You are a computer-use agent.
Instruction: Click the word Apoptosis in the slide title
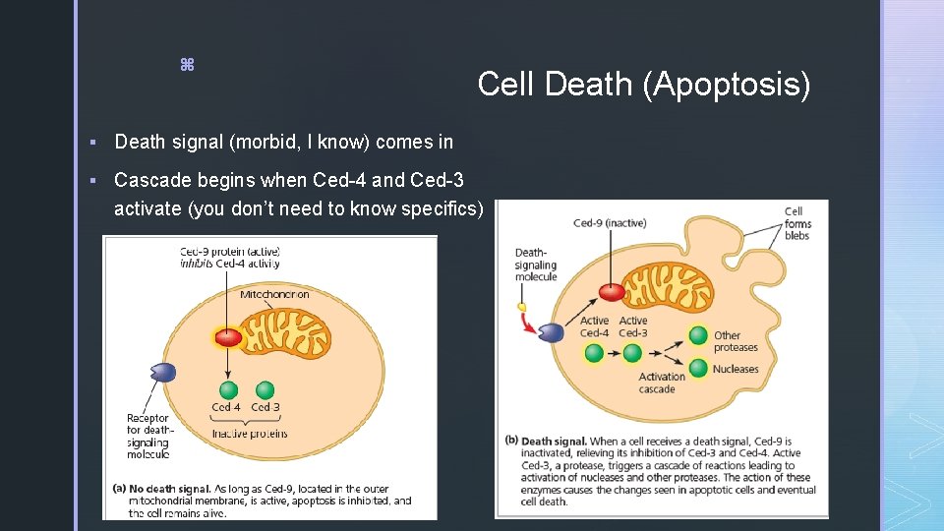click(x=727, y=86)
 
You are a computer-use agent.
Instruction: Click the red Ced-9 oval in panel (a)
click(x=228, y=336)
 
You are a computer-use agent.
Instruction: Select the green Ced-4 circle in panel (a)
click(x=227, y=389)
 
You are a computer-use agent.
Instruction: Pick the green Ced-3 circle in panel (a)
click(x=265, y=389)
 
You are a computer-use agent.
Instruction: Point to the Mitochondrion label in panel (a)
click(x=274, y=294)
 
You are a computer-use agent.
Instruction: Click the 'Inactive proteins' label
click(x=250, y=434)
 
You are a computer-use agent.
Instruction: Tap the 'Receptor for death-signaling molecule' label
click(x=148, y=436)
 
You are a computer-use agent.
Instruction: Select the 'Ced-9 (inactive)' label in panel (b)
click(x=610, y=223)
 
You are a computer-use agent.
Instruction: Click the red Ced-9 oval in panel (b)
click(x=612, y=292)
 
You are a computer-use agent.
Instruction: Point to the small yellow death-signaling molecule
click(x=523, y=306)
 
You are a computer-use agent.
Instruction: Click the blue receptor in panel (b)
click(x=550, y=332)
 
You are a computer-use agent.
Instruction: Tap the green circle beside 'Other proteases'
click(x=698, y=335)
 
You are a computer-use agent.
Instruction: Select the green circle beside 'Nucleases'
click(x=698, y=369)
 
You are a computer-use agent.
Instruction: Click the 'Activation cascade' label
click(x=662, y=383)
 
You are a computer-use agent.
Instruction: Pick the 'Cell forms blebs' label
click(x=796, y=223)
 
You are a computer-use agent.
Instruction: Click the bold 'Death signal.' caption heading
click(x=554, y=442)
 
